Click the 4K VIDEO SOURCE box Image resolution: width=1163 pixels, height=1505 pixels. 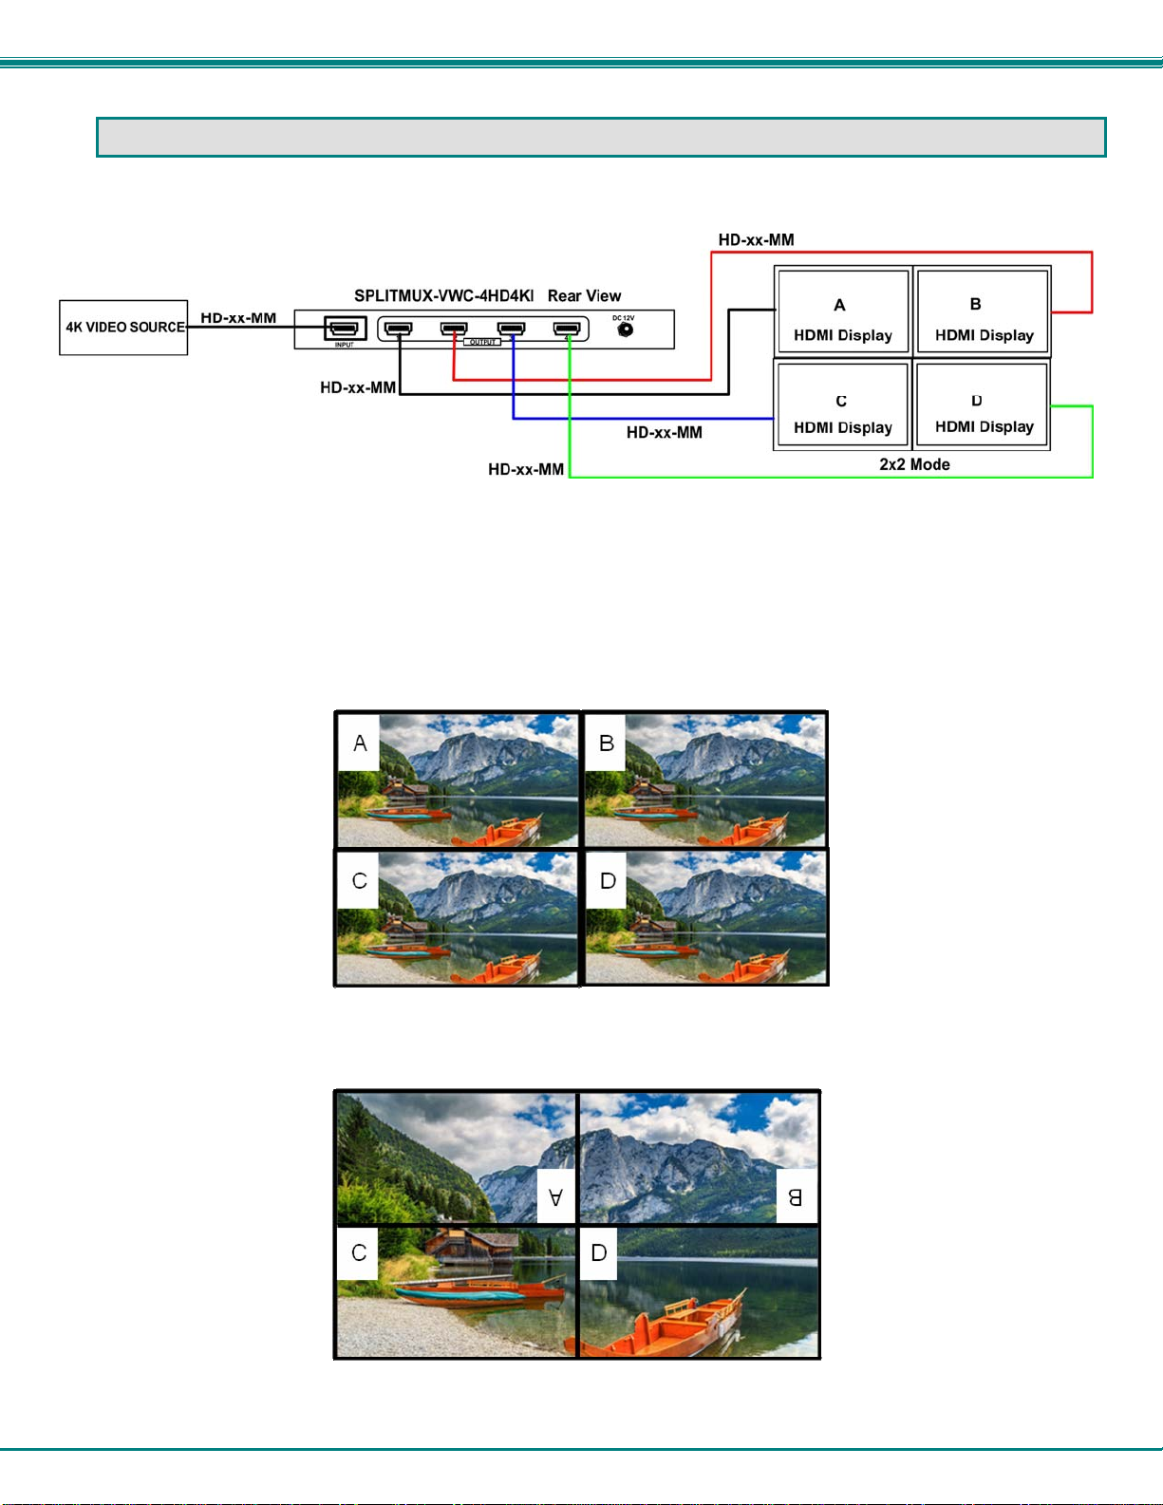pyautogui.click(x=123, y=328)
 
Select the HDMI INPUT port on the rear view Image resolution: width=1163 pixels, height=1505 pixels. pyautogui.click(x=345, y=329)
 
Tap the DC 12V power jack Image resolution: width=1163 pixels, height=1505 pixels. pyautogui.click(x=625, y=330)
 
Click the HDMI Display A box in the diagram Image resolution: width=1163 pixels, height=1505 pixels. pyautogui.click(x=843, y=311)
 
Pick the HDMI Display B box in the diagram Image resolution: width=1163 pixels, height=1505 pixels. pyautogui.click(x=983, y=311)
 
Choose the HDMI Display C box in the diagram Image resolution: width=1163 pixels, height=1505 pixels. pyautogui.click(x=843, y=404)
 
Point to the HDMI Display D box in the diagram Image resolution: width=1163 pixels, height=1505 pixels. pyautogui.click(x=983, y=404)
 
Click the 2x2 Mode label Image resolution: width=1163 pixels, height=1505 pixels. pyautogui.click(x=914, y=464)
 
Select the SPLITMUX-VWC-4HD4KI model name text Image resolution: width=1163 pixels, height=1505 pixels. pyautogui.click(x=443, y=296)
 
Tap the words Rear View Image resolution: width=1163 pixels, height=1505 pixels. pyautogui.click(x=584, y=296)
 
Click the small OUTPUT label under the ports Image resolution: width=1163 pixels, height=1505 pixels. pyautogui.click(x=482, y=342)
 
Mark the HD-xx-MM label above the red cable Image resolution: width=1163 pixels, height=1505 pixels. pyautogui.click(x=756, y=240)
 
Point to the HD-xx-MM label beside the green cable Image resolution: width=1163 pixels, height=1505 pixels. pyautogui.click(x=525, y=469)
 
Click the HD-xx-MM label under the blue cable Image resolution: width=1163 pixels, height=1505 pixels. pyautogui.click(x=664, y=433)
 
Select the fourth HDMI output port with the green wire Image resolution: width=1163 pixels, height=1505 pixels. pyautogui.click(x=567, y=329)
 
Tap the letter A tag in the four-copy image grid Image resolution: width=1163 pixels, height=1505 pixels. pyautogui.click(x=360, y=743)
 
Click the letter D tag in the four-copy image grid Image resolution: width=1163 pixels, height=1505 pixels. pyautogui.click(x=608, y=881)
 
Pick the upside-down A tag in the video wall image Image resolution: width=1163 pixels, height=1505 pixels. pyautogui.click(x=555, y=1197)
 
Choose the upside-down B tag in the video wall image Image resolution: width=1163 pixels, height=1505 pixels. pyautogui.click(x=796, y=1197)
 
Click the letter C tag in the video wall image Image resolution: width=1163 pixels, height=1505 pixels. pyautogui.click(x=359, y=1253)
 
